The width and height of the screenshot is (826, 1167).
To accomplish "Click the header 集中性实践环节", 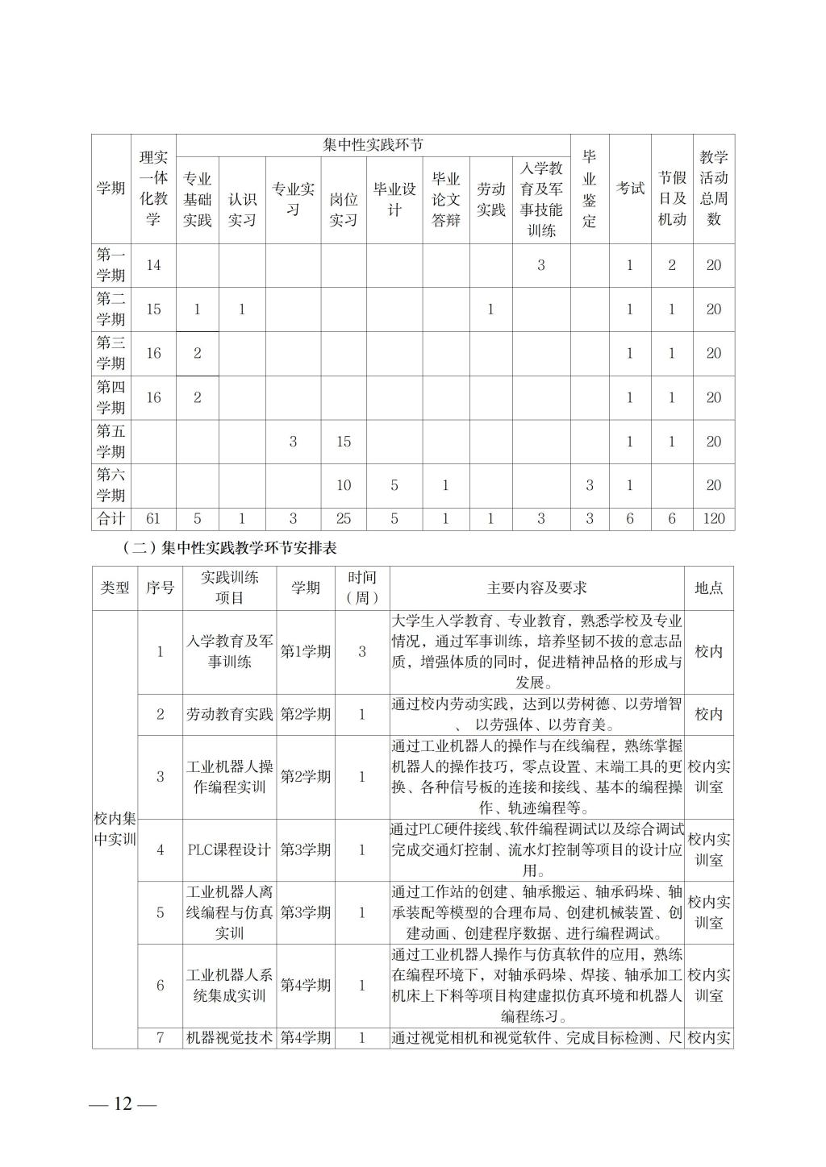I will coord(373,146).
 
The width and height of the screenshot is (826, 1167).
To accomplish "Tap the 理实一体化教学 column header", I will coord(153,189).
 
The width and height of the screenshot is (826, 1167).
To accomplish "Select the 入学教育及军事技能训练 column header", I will coord(540,199).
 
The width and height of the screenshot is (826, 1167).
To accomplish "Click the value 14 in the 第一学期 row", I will coord(153,265).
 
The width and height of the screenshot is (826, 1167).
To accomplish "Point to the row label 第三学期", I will coord(111,353).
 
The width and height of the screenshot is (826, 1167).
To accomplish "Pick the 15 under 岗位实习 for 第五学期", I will coord(344,442).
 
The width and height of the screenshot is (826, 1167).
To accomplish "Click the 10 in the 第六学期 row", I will coord(344,485).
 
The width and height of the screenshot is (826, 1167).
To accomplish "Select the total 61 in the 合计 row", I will coord(153,519).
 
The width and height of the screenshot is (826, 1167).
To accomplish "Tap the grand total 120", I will coord(713,519).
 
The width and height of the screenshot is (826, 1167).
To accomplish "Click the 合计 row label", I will coord(111,519).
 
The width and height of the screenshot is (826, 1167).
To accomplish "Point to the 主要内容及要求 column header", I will coord(536,588).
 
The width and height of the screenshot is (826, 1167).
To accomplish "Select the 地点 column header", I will coord(708,588).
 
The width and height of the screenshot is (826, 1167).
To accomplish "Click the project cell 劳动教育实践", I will coord(230,714).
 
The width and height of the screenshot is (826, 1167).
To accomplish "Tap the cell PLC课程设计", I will coord(229,849).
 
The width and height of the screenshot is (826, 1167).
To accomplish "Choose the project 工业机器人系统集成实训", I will coord(230,985).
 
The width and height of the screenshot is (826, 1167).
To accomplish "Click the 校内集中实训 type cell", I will coord(115,829).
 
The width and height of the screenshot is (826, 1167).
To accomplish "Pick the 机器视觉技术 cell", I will coord(230,1038).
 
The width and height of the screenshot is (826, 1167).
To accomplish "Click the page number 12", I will coord(123,1103).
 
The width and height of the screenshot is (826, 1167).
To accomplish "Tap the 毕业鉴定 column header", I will coord(590,189).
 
